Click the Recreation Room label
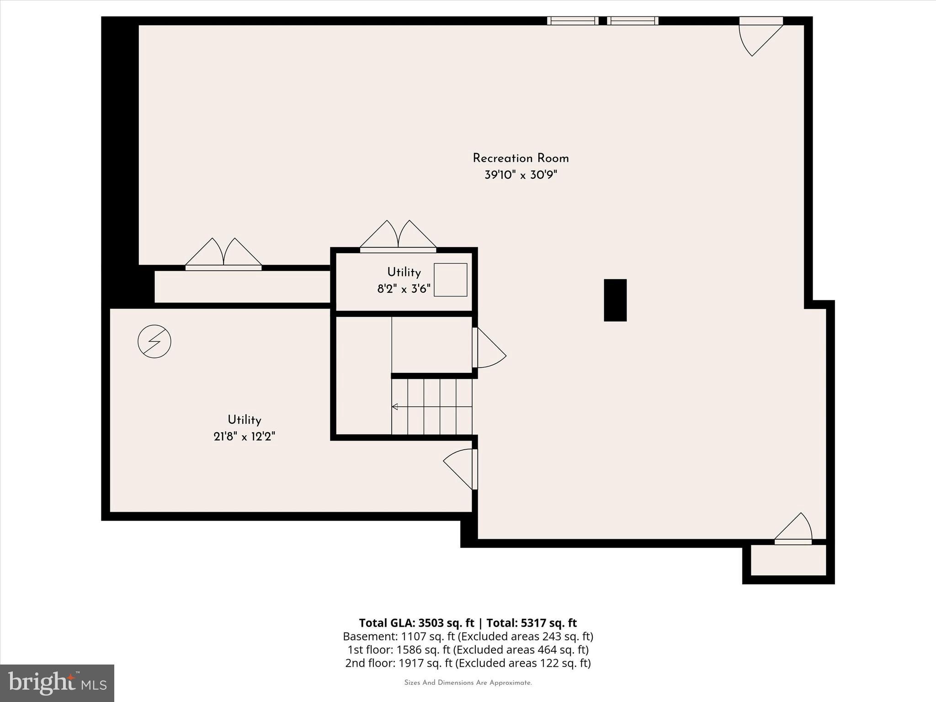tap(521, 159)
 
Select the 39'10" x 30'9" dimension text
tap(521, 175)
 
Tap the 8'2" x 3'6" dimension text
tap(404, 289)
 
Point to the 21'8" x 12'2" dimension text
tap(244, 437)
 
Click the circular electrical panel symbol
tap(154, 341)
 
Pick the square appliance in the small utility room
tap(450, 280)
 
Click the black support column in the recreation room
tap(615, 300)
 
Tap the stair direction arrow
tap(395, 407)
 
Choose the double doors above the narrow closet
tap(223, 254)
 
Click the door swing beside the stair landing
tap(489, 349)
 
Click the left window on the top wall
tap(573, 21)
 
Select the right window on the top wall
tap(633, 21)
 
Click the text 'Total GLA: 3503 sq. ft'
tap(416, 623)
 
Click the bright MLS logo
tap(57, 683)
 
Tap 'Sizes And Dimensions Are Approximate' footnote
tap(468, 683)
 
